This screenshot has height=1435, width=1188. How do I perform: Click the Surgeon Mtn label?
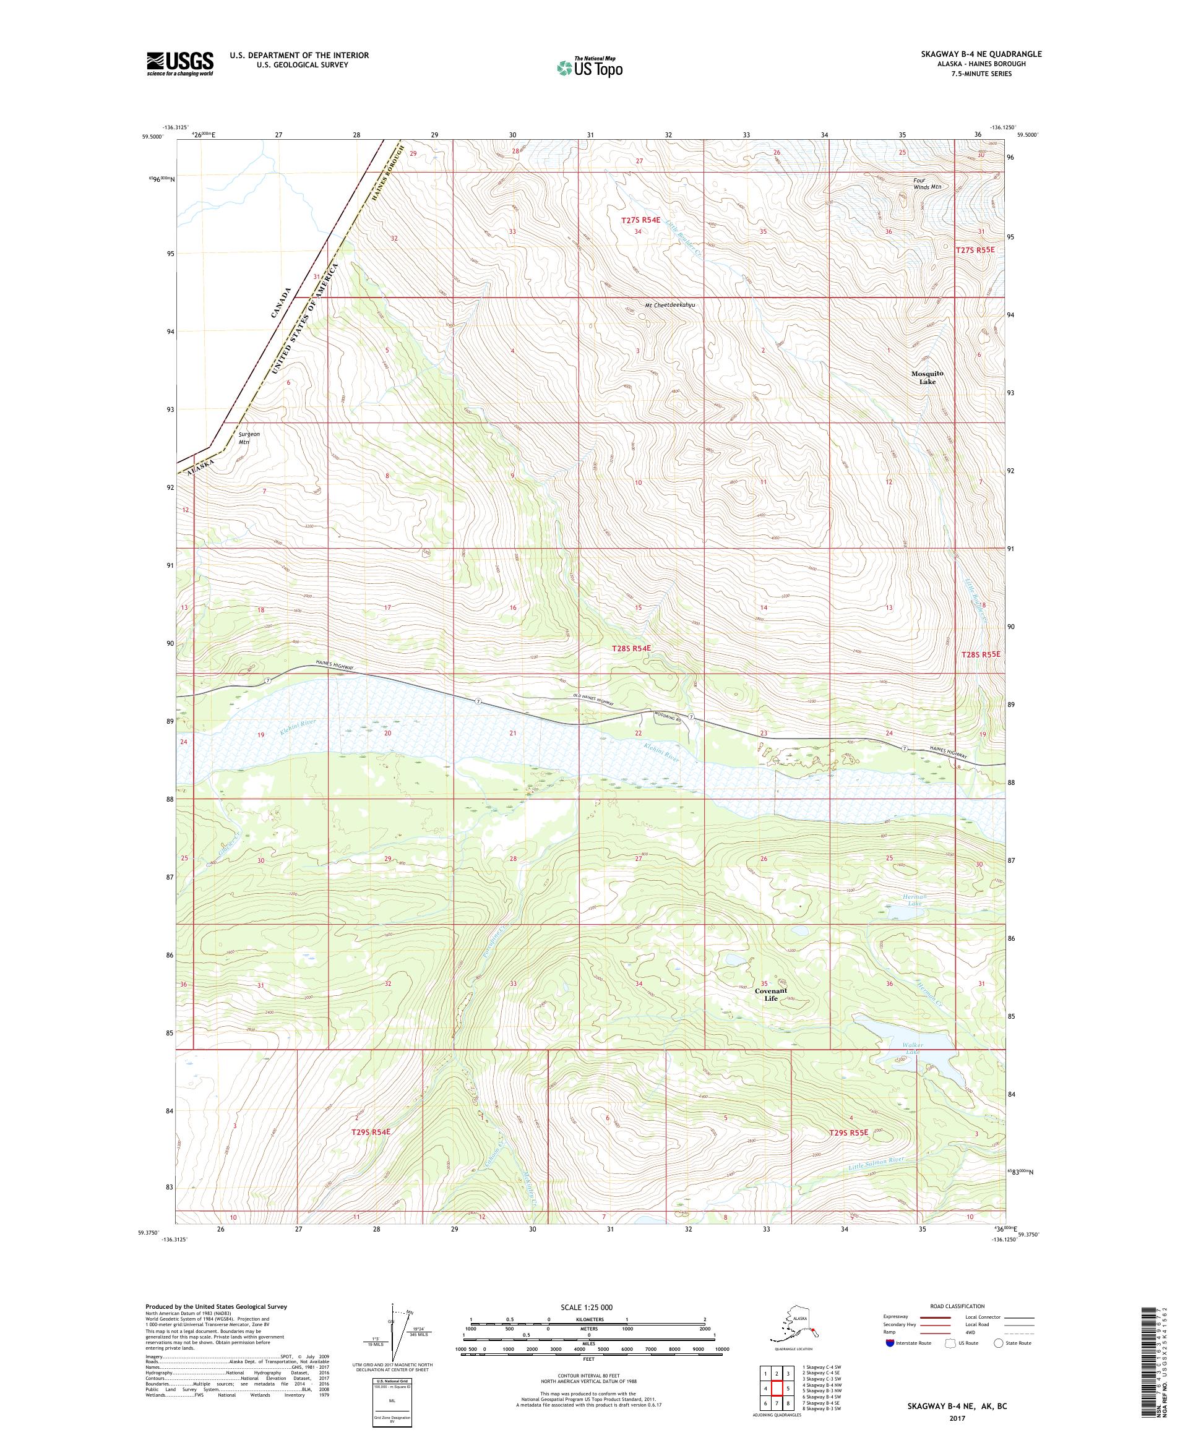(248, 437)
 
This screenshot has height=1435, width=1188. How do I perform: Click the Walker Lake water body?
(909, 1051)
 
